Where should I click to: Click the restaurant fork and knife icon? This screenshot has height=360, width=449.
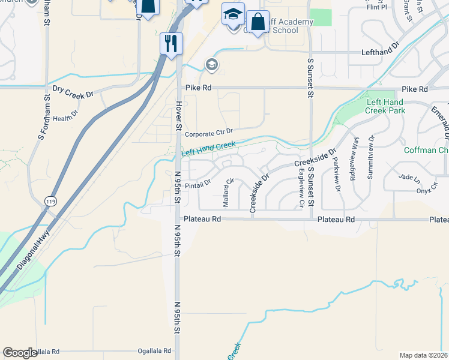click(x=171, y=43)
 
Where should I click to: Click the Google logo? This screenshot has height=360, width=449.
click(x=20, y=353)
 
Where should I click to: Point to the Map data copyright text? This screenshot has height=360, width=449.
click(x=423, y=355)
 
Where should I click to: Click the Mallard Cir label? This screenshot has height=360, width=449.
click(x=228, y=193)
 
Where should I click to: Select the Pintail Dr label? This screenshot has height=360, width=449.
click(x=197, y=184)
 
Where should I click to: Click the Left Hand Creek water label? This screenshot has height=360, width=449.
click(x=208, y=149)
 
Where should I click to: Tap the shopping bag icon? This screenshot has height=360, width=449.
click(x=258, y=22)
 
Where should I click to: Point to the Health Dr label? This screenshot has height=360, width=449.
click(x=66, y=118)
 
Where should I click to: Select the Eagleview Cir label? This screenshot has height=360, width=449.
click(x=301, y=188)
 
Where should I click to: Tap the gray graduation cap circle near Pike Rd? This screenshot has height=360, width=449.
click(x=211, y=64)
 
